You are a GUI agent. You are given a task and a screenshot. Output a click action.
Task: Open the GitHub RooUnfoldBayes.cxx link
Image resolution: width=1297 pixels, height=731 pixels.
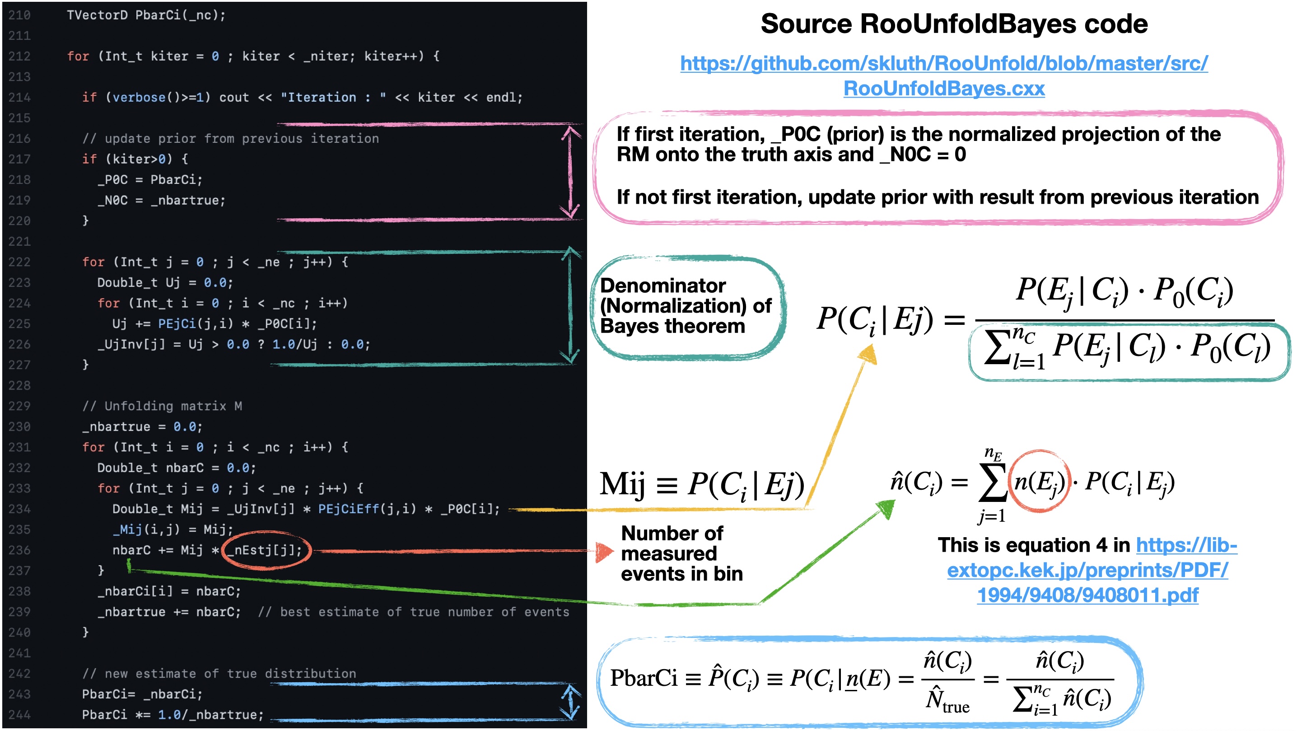point(943,75)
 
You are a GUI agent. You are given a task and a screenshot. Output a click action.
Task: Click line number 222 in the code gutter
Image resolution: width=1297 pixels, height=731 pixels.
point(19,262)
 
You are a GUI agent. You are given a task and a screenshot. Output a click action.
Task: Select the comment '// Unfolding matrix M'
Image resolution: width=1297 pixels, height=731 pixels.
point(162,406)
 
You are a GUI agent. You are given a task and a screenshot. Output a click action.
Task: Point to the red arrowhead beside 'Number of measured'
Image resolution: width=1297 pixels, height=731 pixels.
point(604,552)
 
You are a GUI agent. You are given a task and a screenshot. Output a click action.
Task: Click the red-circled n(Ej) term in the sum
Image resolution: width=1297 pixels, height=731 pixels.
point(1039,482)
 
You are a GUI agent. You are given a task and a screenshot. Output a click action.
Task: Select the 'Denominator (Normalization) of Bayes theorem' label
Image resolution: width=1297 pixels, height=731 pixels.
point(685,306)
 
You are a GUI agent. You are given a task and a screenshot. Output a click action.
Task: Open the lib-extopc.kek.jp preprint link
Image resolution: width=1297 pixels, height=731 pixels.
point(1087,570)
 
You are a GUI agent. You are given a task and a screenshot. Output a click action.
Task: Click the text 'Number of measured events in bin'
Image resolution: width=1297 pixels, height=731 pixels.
point(681,553)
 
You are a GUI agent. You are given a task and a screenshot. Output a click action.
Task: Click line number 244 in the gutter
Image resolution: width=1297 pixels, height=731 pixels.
point(19,714)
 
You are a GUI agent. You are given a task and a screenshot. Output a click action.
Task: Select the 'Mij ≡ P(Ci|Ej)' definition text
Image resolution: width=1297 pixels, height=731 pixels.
point(701,485)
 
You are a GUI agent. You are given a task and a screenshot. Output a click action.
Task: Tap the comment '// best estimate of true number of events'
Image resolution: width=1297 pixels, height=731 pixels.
point(413,612)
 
